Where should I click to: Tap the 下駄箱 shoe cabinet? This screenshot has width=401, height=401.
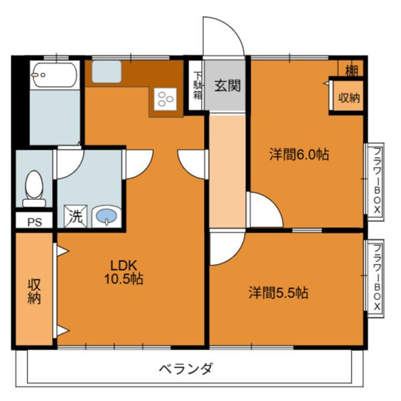point(197,86)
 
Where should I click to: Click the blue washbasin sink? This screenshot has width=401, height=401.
point(105,216)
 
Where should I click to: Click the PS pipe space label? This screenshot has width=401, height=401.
point(33,223)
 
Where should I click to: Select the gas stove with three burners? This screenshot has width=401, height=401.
point(165,100)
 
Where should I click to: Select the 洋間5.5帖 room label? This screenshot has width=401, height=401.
point(279,292)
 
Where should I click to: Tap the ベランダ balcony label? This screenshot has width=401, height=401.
point(186,368)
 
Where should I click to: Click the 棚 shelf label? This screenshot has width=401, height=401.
point(352,68)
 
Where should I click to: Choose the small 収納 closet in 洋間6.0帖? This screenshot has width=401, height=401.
point(348,98)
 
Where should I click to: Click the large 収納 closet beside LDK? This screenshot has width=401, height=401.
point(34,290)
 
